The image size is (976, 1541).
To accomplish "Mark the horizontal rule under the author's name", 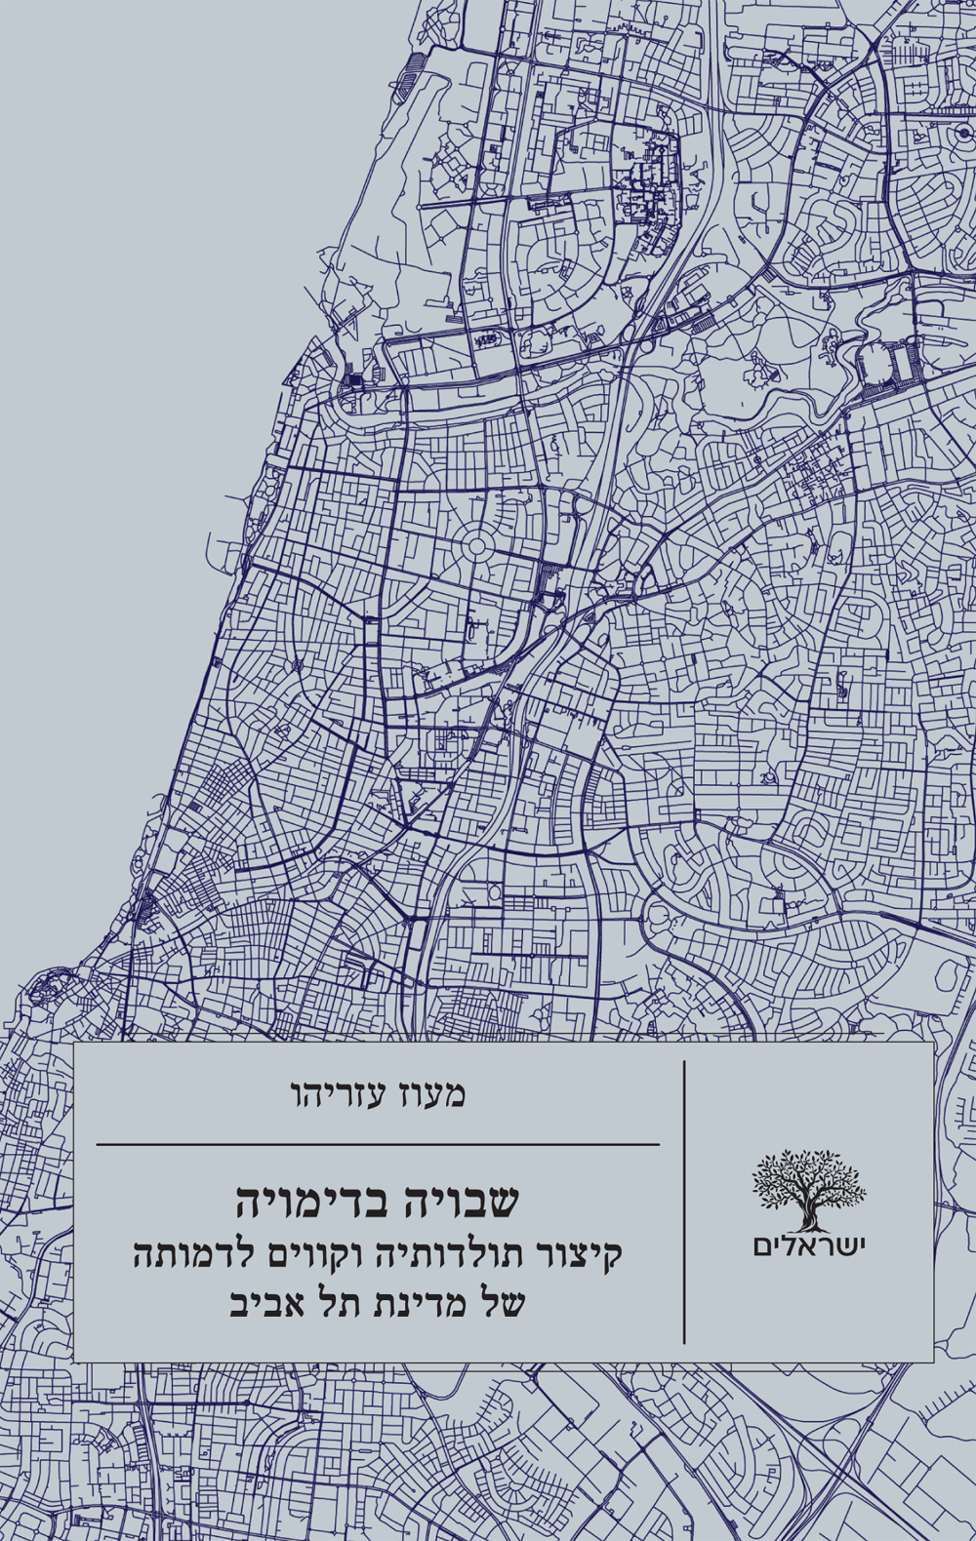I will coord(378,1144).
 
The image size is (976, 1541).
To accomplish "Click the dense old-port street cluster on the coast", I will coord(45,990).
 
